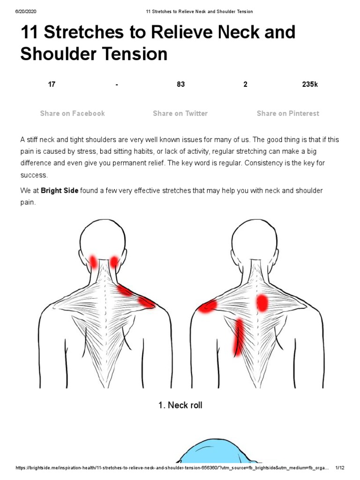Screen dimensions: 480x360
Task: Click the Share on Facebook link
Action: point(72,113)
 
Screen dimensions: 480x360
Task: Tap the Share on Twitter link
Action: point(180,113)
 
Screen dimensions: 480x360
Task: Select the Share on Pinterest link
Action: point(288,113)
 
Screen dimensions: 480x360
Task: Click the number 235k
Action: point(310,84)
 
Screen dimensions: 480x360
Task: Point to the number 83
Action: point(180,84)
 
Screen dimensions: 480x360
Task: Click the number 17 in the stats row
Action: point(52,84)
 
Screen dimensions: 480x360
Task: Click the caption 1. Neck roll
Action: point(180,405)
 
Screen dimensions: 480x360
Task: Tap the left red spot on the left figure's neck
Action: point(93,262)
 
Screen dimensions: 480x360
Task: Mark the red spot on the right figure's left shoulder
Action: point(207,306)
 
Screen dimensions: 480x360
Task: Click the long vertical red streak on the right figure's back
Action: point(239,337)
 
